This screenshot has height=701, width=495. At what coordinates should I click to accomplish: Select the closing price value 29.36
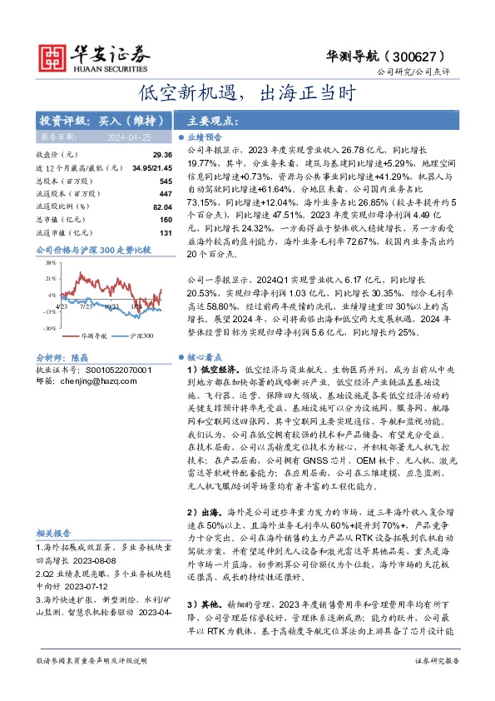[x=161, y=155]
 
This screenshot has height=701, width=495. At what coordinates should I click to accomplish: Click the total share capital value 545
[x=165, y=181]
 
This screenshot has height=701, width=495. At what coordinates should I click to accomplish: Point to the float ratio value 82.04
[x=161, y=206]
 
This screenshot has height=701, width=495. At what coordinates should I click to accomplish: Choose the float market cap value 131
[x=165, y=231]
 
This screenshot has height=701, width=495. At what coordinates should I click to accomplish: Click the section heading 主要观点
[x=208, y=118]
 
